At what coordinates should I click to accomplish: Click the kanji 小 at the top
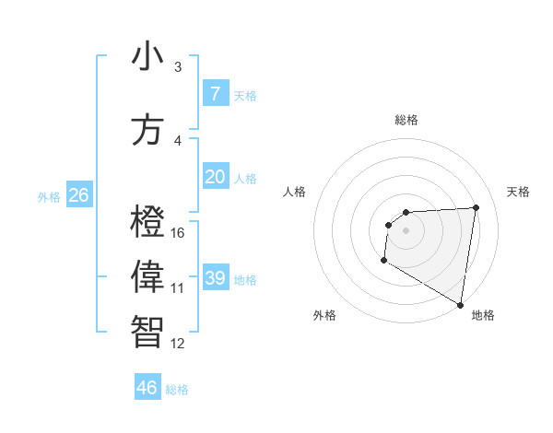(148, 56)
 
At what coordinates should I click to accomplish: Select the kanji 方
(148, 130)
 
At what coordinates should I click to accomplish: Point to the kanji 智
(148, 331)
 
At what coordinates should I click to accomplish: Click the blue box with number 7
(216, 94)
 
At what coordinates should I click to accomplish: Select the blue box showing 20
(216, 177)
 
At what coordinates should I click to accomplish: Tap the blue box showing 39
(216, 278)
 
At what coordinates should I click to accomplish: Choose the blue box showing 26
(78, 195)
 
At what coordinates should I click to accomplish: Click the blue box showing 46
(147, 388)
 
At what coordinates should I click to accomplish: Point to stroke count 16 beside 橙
(178, 233)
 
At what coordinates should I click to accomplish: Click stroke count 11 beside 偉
(178, 288)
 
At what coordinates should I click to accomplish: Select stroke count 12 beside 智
(178, 344)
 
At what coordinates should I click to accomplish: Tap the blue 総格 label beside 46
(177, 390)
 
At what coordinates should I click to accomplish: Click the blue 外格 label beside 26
(48, 197)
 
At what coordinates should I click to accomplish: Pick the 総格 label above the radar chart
(406, 120)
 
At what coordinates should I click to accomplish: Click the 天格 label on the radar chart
(518, 192)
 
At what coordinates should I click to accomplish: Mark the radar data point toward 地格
(461, 304)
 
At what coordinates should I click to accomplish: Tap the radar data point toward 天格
(476, 207)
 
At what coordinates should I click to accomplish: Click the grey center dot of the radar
(406, 230)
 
